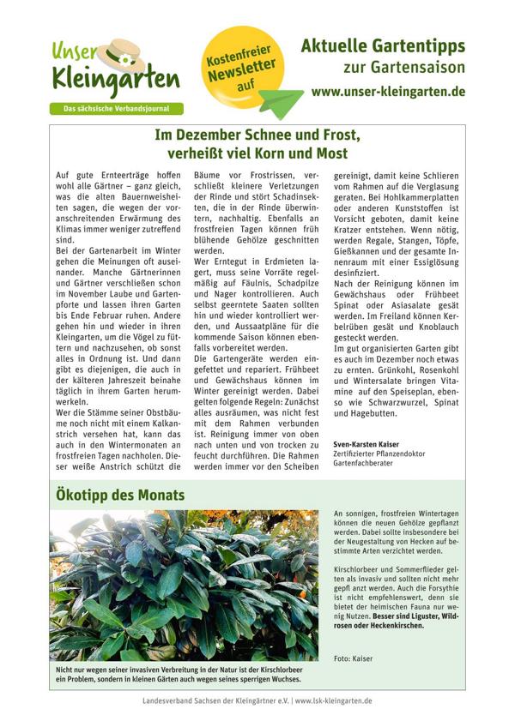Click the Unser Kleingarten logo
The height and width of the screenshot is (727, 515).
pos(115,70)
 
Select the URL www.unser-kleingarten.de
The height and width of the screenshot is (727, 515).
pos(388,91)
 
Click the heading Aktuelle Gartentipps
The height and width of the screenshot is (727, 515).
pos(383,45)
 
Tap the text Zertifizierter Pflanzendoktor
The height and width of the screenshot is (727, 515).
pos(380,454)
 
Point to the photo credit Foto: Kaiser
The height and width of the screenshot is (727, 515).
pos(354,658)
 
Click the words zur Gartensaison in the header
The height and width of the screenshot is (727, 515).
pos(404,67)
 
